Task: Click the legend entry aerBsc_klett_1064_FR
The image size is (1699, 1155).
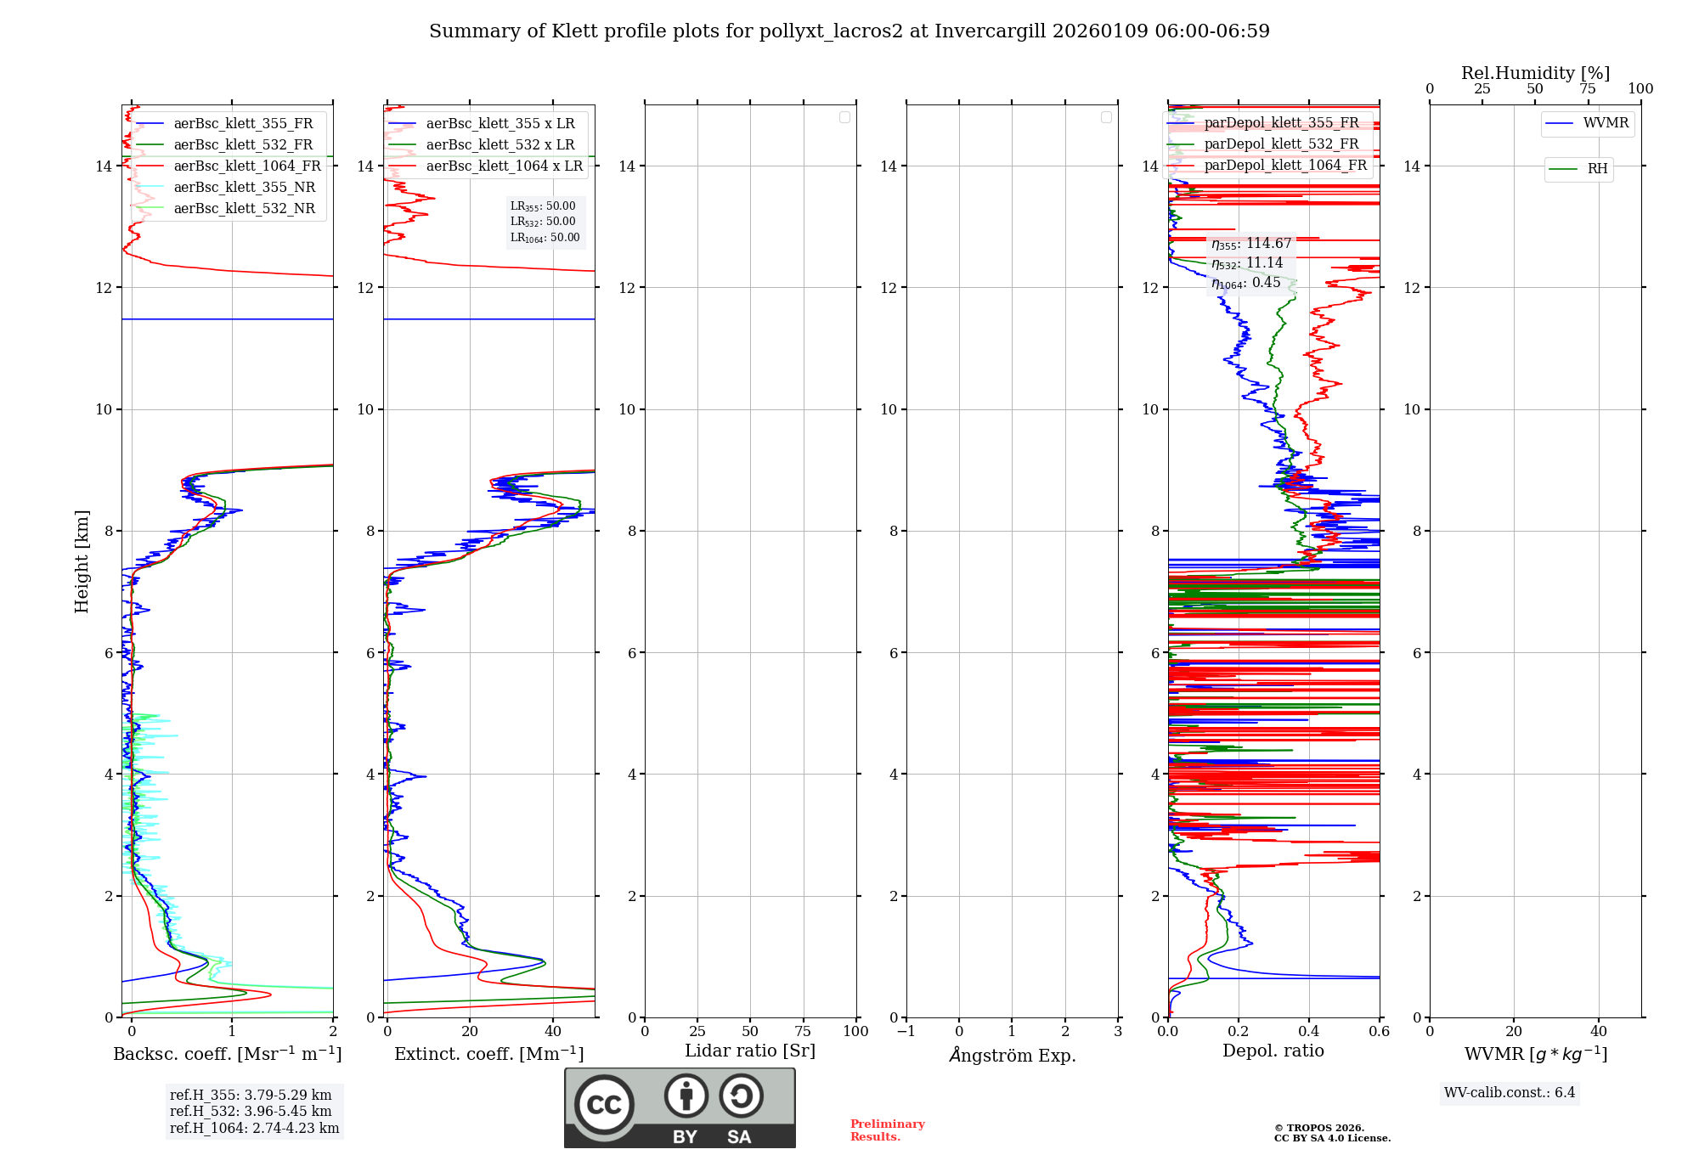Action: point(246,166)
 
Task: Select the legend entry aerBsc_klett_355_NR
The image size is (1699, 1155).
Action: point(244,188)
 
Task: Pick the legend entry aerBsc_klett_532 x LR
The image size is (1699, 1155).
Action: point(500,145)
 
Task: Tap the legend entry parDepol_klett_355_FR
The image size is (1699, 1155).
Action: point(1281,123)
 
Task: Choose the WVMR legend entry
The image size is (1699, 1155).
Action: point(1605,123)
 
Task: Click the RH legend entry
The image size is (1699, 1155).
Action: point(1596,169)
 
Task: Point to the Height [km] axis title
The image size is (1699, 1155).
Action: point(82,561)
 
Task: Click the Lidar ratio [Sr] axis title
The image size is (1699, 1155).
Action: point(749,1051)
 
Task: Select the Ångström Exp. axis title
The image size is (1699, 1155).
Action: point(1012,1056)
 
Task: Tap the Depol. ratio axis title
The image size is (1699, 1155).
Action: point(1273,1051)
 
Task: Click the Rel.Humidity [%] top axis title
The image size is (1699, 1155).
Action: point(1535,73)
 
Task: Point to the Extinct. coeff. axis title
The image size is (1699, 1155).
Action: point(488,1055)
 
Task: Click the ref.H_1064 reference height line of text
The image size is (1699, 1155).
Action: point(254,1129)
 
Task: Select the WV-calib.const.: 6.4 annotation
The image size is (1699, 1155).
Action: point(1509,1093)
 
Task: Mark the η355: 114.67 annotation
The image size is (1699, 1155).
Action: point(1251,245)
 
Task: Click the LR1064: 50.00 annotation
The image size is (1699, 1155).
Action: point(545,238)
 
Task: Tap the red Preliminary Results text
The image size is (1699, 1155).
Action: point(887,1130)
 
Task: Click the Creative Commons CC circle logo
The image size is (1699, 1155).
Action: point(604,1105)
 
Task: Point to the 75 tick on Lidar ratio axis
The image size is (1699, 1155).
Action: point(803,1032)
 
